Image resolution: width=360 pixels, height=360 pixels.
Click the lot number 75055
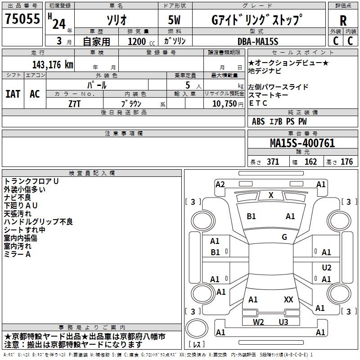(x=22, y=19)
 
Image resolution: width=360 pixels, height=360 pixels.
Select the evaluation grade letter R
(x=343, y=21)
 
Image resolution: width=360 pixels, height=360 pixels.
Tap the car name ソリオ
(x=116, y=20)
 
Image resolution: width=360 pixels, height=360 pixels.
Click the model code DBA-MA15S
(x=258, y=41)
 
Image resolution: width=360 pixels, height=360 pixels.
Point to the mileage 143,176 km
(x=53, y=64)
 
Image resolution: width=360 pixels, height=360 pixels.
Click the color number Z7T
(x=75, y=103)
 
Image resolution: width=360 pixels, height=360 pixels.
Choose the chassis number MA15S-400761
(x=302, y=143)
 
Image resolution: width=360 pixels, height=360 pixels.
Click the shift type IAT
(x=13, y=94)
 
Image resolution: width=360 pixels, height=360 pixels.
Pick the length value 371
(x=273, y=162)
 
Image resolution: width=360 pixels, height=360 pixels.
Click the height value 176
(x=346, y=162)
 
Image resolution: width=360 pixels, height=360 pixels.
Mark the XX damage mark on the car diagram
(x=288, y=299)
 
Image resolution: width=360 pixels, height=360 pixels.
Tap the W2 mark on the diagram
(x=258, y=322)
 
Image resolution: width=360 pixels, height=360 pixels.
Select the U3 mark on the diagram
(x=283, y=322)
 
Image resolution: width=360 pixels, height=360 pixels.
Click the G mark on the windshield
(x=284, y=237)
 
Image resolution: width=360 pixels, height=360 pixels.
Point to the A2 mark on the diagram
(x=220, y=184)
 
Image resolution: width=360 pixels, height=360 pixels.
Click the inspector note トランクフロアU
(x=31, y=181)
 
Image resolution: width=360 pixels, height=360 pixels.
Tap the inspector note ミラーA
(x=17, y=254)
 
